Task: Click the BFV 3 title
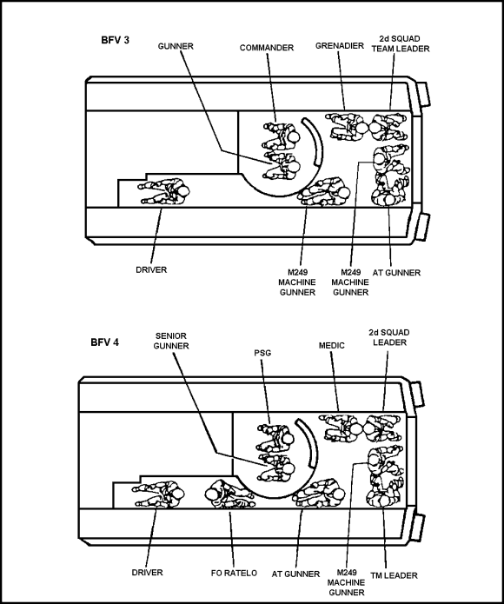[x=115, y=40]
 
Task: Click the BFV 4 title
[x=105, y=342]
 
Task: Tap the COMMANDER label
[x=267, y=48]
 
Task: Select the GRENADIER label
[x=340, y=46]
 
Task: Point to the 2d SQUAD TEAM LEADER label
[x=401, y=43]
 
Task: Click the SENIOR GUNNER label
[x=171, y=341]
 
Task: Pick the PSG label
[x=262, y=353]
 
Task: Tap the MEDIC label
[x=331, y=346]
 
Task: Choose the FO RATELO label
[x=234, y=574]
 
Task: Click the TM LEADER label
[x=394, y=575]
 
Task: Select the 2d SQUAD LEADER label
[x=389, y=337]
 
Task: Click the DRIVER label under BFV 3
[x=151, y=270]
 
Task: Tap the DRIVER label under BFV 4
[x=147, y=573]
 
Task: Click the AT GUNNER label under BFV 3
[x=396, y=273]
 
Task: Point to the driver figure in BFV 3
[x=164, y=191]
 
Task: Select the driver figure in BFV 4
[x=158, y=494]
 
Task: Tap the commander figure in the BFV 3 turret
[x=281, y=136]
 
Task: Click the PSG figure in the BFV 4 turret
[x=275, y=437]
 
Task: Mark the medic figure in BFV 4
[x=342, y=428]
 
